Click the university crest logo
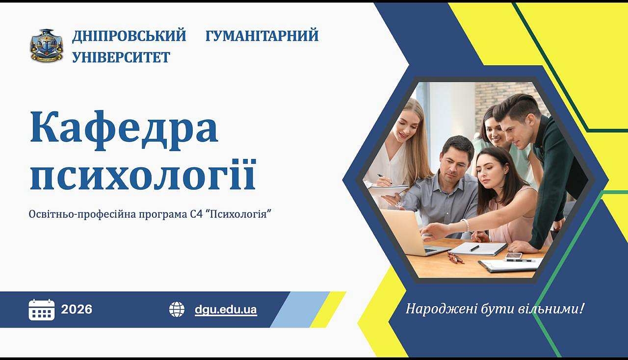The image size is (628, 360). [47, 46]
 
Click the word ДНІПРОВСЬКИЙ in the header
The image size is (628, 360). [129, 36]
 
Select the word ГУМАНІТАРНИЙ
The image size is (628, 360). [262, 36]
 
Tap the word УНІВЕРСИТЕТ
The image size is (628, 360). [121, 57]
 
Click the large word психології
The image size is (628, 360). [143, 175]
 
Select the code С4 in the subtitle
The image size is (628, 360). [195, 214]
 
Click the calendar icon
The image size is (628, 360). [42, 309]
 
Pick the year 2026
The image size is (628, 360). [77, 309]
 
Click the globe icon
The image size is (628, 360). [177, 309]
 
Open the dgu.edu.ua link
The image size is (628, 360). [226, 310]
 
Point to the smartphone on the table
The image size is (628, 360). [514, 256]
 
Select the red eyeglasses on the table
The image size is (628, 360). [455, 258]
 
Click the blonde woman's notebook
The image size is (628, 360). [389, 191]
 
